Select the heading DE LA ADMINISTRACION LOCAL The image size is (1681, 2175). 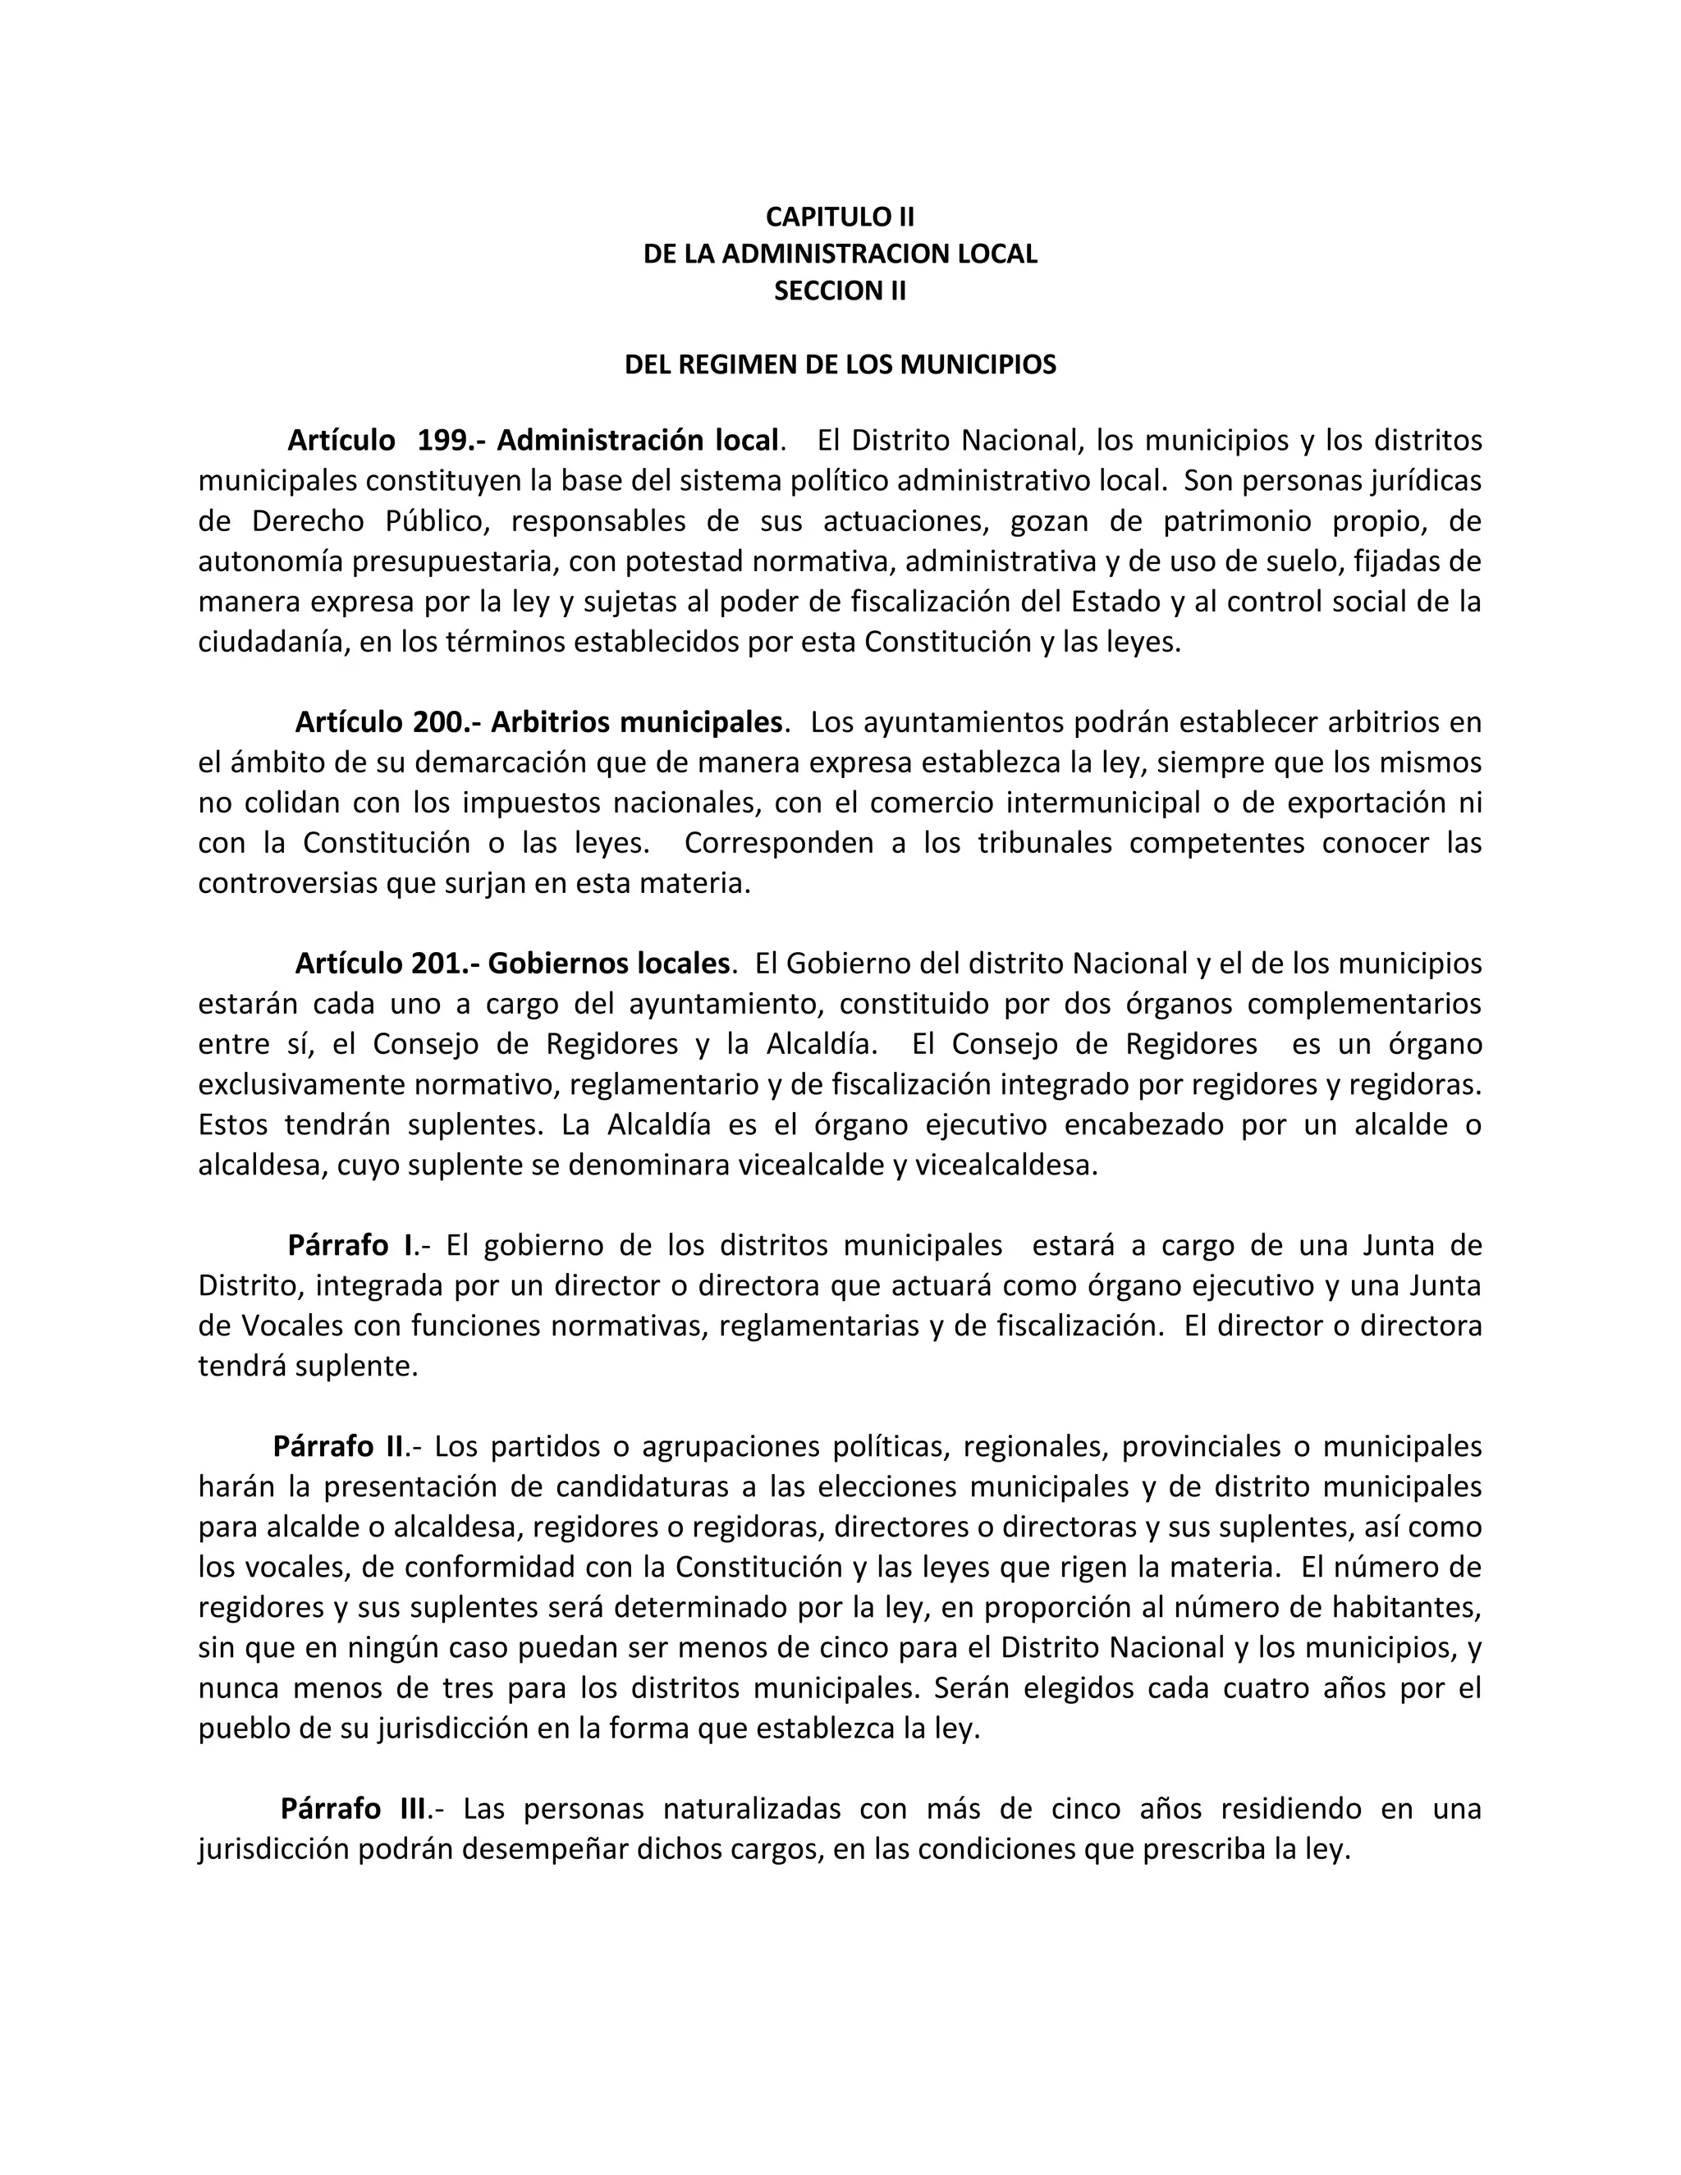[x=840, y=254]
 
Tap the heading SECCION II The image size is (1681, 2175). [x=840, y=291]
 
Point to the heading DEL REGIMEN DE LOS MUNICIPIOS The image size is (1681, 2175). [x=840, y=364]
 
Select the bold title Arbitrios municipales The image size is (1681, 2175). [x=636, y=722]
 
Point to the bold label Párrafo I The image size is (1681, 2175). [x=350, y=1246]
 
